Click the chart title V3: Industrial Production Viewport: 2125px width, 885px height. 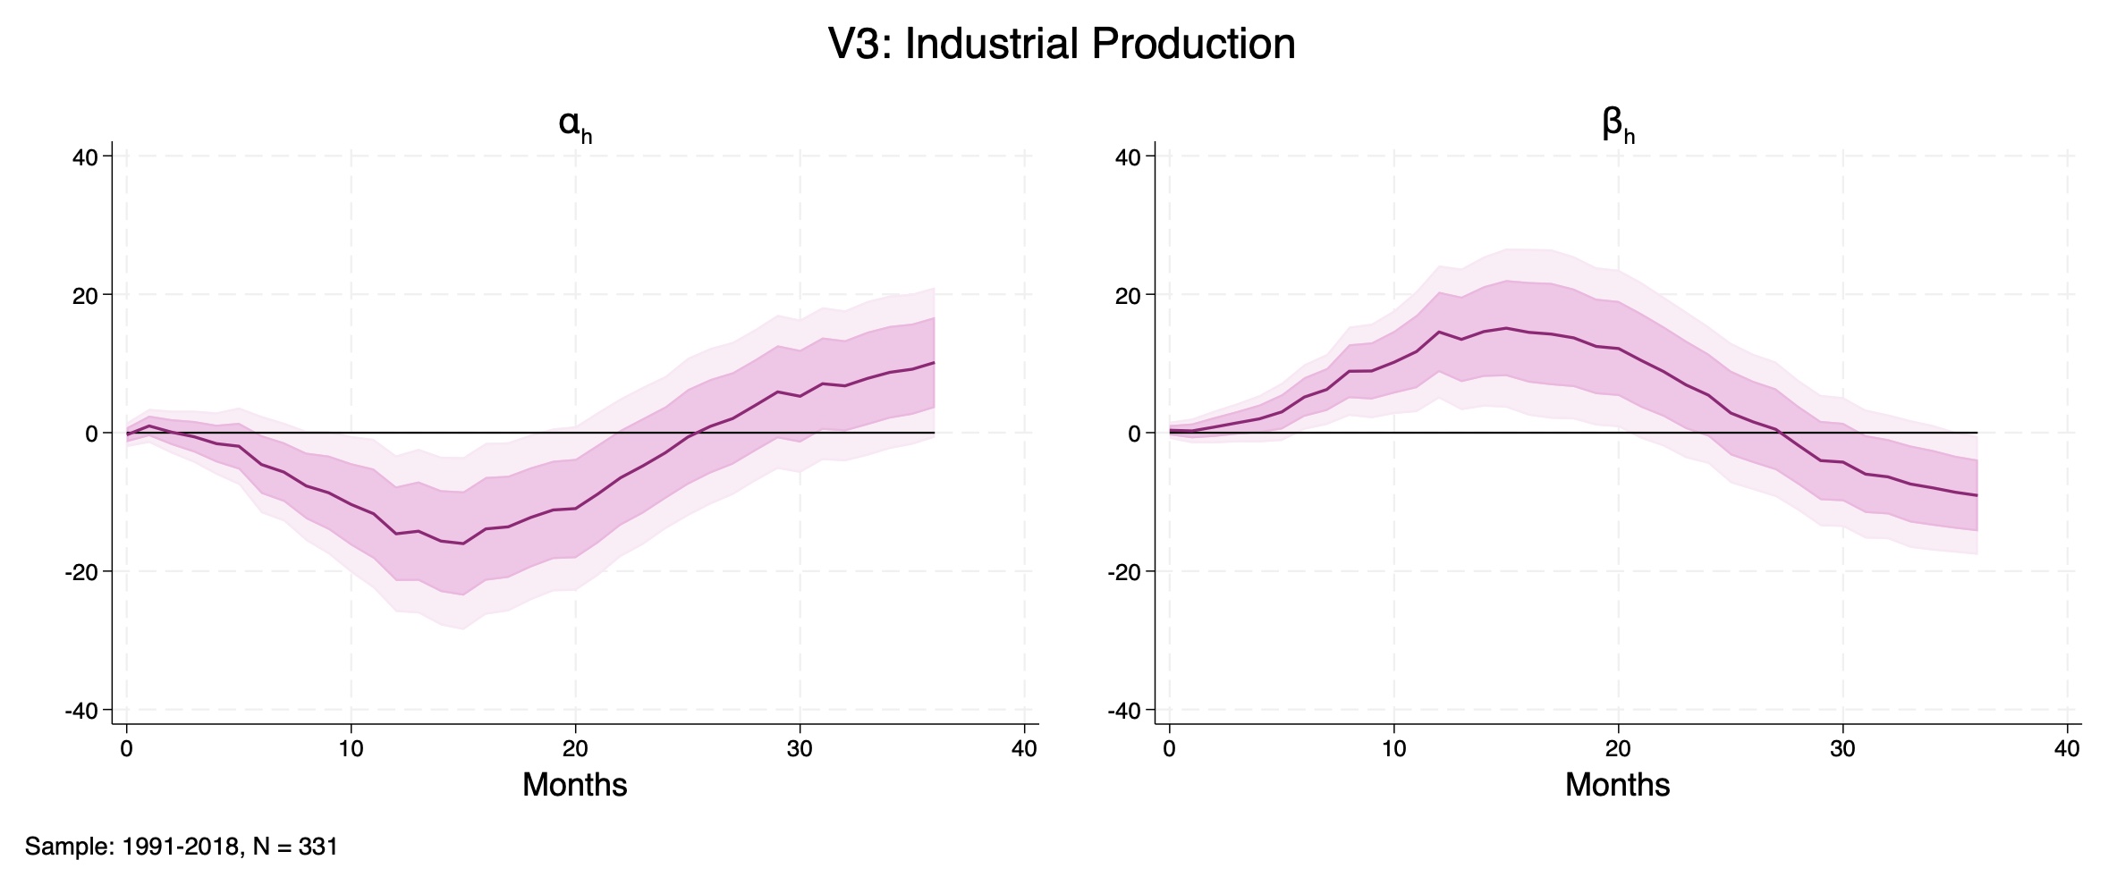coord(1062,45)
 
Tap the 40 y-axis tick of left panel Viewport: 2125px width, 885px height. coord(85,157)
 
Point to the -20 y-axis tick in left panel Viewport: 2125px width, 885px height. coord(80,572)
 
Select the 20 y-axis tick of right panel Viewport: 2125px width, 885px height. coord(1128,296)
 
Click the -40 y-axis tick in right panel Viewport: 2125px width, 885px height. coord(1124,711)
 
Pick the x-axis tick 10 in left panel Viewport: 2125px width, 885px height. coord(351,749)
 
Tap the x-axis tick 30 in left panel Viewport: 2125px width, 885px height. coord(800,749)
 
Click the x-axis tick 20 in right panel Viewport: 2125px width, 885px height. coord(1618,749)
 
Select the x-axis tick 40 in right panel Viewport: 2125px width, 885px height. coord(2067,749)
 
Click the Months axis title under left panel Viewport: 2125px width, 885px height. coord(574,785)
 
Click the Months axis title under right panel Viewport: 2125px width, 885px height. coord(1617,785)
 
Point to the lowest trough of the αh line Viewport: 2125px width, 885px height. coord(462,544)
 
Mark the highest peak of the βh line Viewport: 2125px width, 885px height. coord(1506,328)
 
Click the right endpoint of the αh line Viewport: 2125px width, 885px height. coord(935,362)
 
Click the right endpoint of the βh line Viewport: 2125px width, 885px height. coord(1977,495)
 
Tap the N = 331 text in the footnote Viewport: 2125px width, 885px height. coord(295,847)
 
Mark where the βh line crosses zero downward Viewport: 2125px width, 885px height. coord(1778,433)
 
